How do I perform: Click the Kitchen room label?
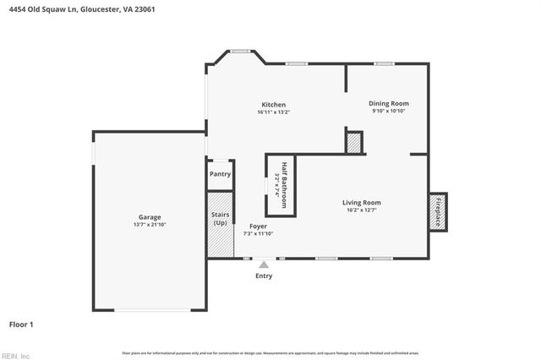pos(273,105)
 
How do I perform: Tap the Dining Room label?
pos(388,103)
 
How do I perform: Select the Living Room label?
pos(361,202)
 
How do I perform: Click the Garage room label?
pos(150,217)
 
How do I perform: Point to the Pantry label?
pos(220,174)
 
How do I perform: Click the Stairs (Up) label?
pos(220,218)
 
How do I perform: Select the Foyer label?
pos(258,226)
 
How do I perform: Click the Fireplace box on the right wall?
pos(437,211)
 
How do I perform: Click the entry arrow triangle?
pos(264,265)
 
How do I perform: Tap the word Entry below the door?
pos(264,276)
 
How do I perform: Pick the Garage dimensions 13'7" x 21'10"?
pos(150,225)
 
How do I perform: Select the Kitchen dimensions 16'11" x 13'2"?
pos(273,112)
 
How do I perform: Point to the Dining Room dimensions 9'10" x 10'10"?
pos(388,111)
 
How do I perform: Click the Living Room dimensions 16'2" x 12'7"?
pos(361,210)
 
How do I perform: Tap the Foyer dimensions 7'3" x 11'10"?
pos(258,234)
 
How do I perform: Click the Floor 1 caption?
pos(20,324)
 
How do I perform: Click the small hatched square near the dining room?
pos(353,143)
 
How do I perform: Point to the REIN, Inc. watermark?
pos(15,356)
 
